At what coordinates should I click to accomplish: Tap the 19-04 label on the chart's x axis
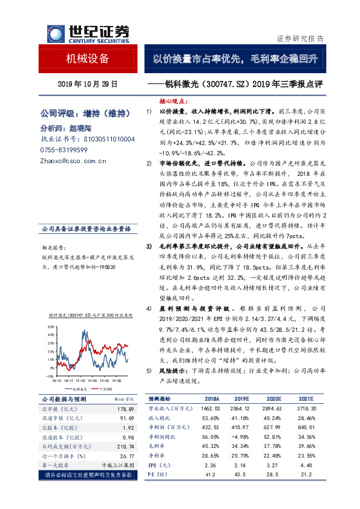(91, 381)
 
